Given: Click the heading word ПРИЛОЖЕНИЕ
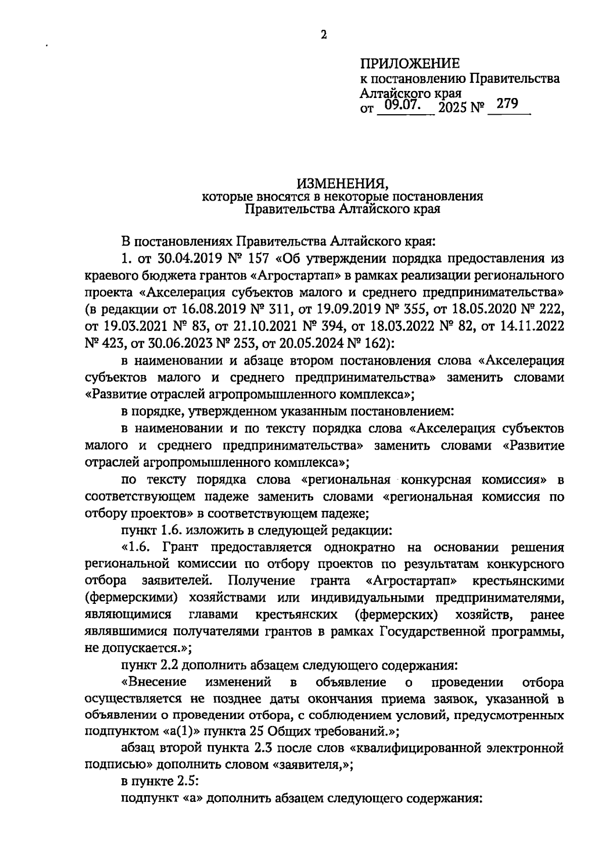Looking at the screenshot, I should pos(410,64).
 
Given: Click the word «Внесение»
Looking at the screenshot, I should pos(154,683).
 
